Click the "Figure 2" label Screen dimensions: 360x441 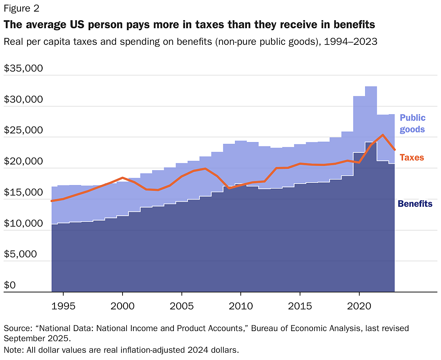pyautogui.click(x=21, y=8)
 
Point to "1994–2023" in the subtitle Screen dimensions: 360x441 pyautogui.click(x=351, y=42)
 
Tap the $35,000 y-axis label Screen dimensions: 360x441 pyautogui.click(x=23, y=68)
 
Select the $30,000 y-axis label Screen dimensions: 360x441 pyautogui.click(x=23, y=99)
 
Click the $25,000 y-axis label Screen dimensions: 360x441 pyautogui.click(x=23, y=130)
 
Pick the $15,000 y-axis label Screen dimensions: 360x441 pyautogui.click(x=23, y=192)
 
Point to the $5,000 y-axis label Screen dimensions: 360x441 pyautogui.click(x=21, y=254)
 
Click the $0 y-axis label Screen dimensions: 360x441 pyautogui.click(x=10, y=285)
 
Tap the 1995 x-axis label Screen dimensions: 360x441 pyautogui.click(x=63, y=306)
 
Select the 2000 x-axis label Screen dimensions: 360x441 pyautogui.click(x=123, y=306)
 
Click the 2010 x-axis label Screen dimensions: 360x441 pyautogui.click(x=241, y=306)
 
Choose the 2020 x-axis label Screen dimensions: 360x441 pyautogui.click(x=359, y=306)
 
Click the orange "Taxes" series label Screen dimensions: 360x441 pyautogui.click(x=412, y=157)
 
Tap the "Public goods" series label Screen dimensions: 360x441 pyautogui.click(x=412, y=123)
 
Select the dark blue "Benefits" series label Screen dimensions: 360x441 pyautogui.click(x=415, y=204)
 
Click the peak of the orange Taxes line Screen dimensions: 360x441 pyautogui.click(x=382, y=135)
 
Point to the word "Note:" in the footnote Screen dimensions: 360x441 pyautogui.click(x=12, y=350)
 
